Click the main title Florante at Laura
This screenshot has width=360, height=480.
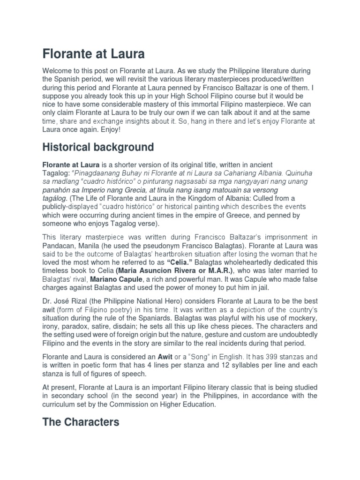pyautogui.click(x=93, y=54)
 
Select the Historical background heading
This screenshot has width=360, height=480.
pyautogui.click(x=98, y=147)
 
